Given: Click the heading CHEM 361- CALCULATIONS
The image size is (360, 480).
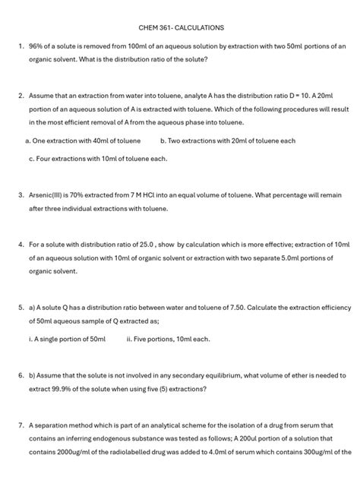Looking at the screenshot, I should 181,27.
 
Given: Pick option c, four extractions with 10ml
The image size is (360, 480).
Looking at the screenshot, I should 97,159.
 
